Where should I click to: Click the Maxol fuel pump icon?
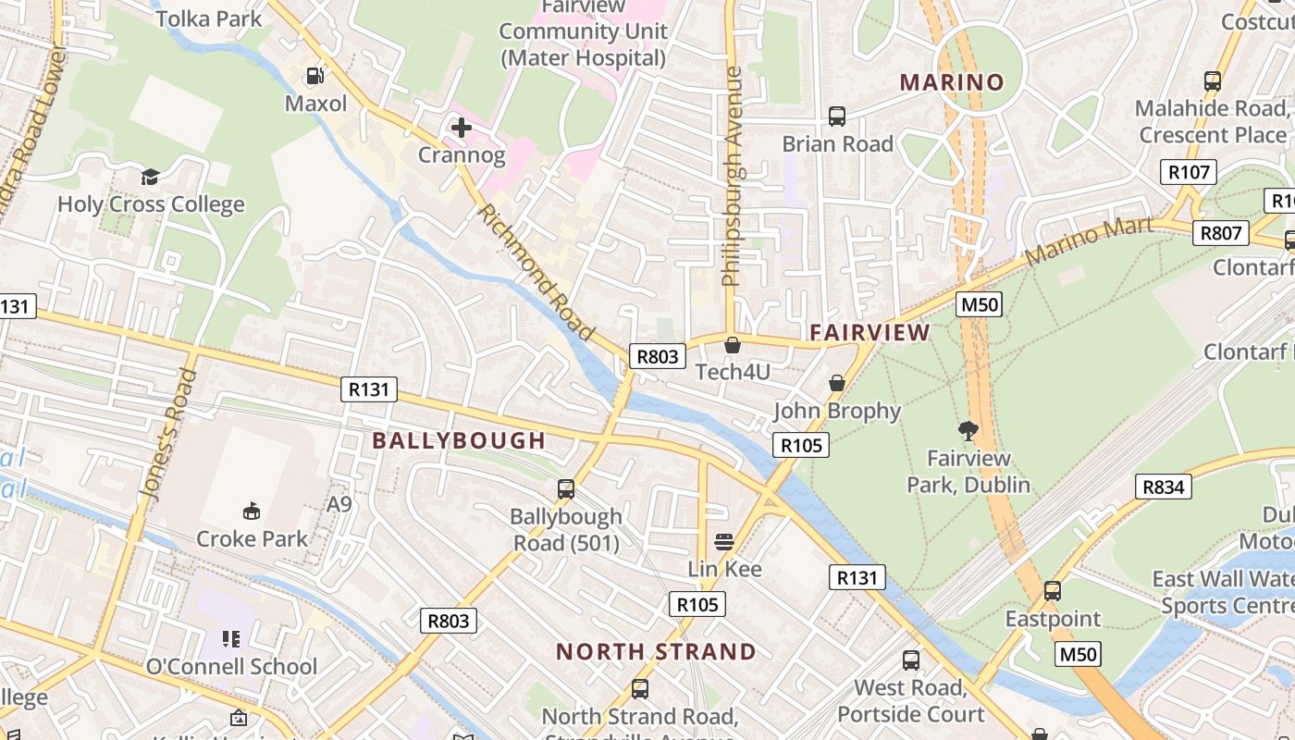tap(315, 76)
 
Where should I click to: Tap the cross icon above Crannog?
tap(461, 127)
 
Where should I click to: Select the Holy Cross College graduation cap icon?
tap(150, 177)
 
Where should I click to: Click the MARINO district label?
tap(952, 82)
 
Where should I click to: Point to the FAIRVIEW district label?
tap(869, 332)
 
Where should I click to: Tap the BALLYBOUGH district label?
tap(459, 440)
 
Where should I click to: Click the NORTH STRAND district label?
tap(656, 651)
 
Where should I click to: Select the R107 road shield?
tap(1189, 172)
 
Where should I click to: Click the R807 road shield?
tap(1220, 232)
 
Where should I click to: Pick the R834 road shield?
tap(1164, 487)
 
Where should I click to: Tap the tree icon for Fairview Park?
tap(968, 430)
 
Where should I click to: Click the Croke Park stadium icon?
tap(251, 511)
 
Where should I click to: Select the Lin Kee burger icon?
tap(724, 541)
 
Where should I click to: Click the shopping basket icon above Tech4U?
tap(732, 345)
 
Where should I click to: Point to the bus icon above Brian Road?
tap(837, 117)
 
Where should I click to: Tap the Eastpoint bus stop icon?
tap(1053, 591)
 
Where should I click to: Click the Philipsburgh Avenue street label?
tap(733, 176)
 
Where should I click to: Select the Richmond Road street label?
tap(536, 272)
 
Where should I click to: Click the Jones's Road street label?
tap(168, 435)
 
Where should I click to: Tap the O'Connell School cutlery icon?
tap(231, 638)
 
